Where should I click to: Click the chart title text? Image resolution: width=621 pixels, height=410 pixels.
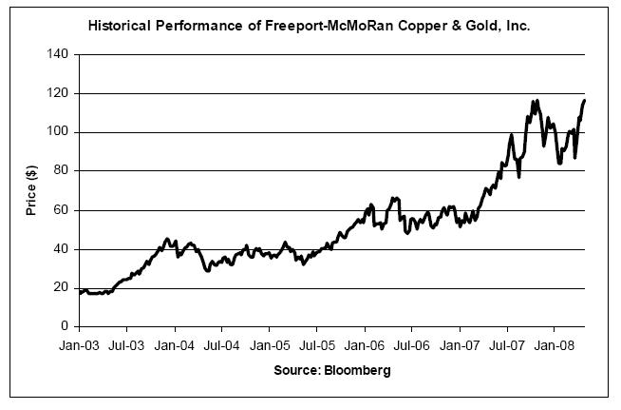tap(309, 27)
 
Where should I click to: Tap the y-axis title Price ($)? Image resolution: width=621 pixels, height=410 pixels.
tap(31, 190)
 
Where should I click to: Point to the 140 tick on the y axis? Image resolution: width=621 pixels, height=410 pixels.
tap(58, 55)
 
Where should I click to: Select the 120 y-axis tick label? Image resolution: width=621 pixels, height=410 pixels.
tap(58, 94)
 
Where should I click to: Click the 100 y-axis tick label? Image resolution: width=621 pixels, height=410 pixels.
tap(58, 133)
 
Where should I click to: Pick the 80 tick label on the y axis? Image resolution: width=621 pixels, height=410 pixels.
tap(61, 172)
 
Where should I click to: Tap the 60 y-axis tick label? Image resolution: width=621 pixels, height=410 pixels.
tap(61, 211)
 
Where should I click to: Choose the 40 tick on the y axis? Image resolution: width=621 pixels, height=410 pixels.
tap(61, 249)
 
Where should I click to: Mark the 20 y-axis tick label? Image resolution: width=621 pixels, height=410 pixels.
tap(61, 288)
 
